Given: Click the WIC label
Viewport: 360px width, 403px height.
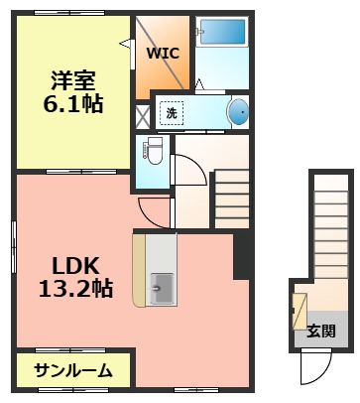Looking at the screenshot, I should (164, 54).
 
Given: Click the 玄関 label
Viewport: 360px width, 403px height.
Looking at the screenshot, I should (320, 332).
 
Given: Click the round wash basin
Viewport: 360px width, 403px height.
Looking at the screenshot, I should (239, 113).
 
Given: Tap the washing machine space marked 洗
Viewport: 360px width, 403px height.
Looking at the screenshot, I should (172, 113).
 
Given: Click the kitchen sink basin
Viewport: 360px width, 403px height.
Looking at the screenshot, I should (160, 289).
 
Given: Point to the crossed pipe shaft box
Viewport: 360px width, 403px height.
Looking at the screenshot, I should (142, 113).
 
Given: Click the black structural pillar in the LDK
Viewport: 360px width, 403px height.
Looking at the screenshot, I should (241, 256).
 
